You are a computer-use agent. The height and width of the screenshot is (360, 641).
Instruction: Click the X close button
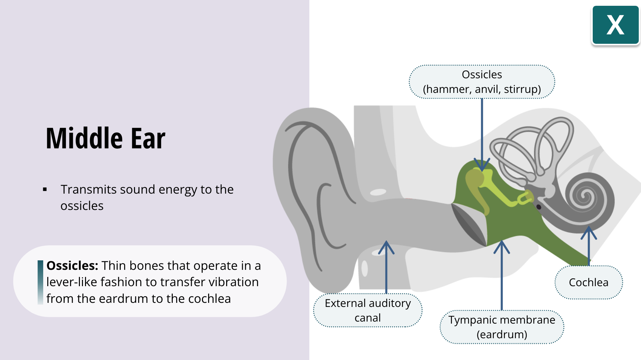[x=615, y=25]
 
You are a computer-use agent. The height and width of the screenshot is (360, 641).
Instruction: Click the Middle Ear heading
[x=105, y=138]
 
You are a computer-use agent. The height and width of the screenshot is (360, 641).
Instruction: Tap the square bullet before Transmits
[x=45, y=190]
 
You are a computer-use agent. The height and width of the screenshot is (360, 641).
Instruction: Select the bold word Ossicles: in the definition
[x=72, y=266]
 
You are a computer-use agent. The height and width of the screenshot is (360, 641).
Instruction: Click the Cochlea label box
[x=588, y=282]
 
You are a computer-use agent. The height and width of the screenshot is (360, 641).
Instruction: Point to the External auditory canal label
[x=368, y=310]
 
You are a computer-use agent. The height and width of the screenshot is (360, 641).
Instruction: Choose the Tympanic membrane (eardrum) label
[x=502, y=327]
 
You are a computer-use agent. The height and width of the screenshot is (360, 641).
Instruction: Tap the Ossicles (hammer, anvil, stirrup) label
[x=482, y=82]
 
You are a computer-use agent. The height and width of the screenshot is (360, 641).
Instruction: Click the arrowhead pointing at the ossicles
[x=482, y=166]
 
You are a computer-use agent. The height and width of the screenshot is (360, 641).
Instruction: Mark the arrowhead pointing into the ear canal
[x=386, y=246]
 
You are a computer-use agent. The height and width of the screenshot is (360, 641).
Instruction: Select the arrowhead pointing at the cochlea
[x=589, y=232]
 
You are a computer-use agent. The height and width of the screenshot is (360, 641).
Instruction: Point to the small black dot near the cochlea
[x=539, y=207]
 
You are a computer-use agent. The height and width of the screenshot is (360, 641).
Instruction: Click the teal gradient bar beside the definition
[x=40, y=282]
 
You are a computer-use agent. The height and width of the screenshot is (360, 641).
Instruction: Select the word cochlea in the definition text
[x=209, y=299]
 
